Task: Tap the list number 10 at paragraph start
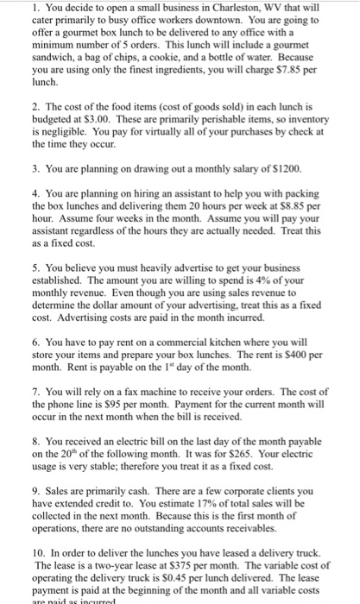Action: [28, 553]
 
